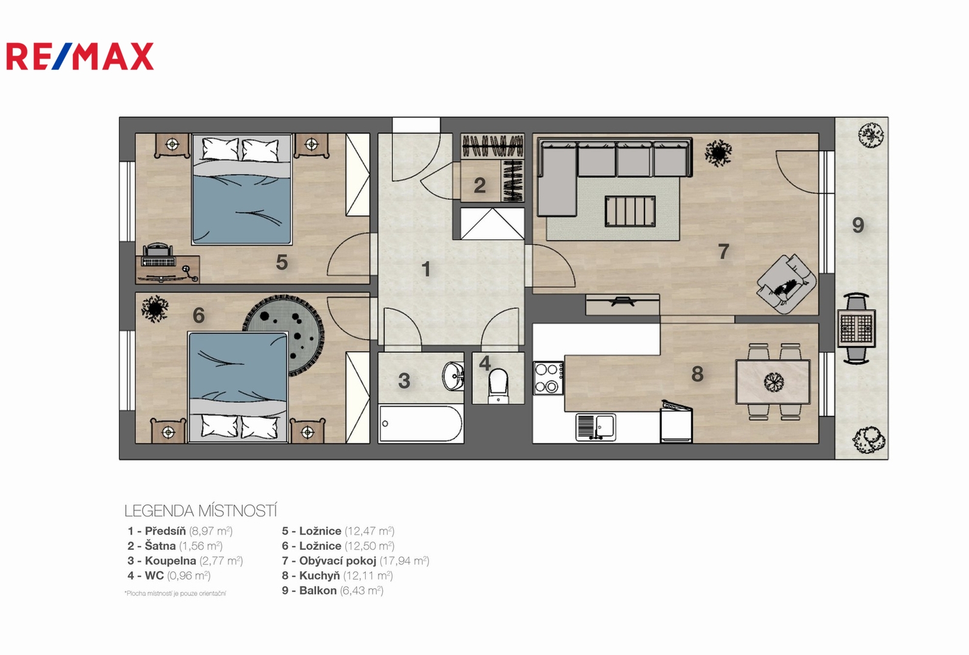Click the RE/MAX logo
(x=80, y=56)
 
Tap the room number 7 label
(x=723, y=251)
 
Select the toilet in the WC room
(x=498, y=385)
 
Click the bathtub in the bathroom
(x=420, y=424)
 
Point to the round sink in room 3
(x=453, y=375)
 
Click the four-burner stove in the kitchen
(x=549, y=378)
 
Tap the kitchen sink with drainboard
(x=596, y=427)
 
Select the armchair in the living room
(x=786, y=283)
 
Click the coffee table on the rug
(x=629, y=211)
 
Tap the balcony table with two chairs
(x=857, y=328)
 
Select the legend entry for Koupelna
(x=185, y=561)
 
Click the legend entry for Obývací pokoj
(x=356, y=561)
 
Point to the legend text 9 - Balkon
(x=309, y=590)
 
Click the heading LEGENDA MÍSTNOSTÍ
(x=200, y=511)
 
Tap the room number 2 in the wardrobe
(x=479, y=186)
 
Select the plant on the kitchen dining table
(x=774, y=381)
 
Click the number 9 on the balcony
(x=858, y=225)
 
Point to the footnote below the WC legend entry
(x=175, y=593)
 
